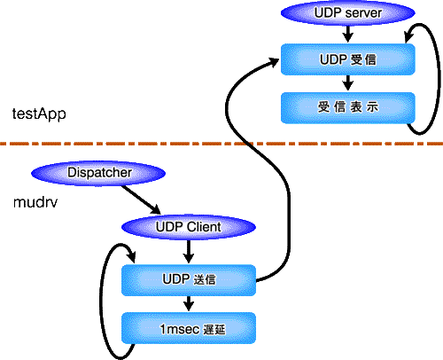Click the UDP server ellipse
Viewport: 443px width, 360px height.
coord(348,12)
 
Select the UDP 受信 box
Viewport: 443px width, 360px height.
coord(348,59)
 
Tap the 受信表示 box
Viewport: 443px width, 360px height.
coord(348,107)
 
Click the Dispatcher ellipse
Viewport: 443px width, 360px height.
coord(98,173)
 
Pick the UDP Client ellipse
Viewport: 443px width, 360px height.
coord(189,227)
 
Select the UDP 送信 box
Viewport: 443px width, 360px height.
coord(189,280)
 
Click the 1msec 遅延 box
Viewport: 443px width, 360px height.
coord(189,328)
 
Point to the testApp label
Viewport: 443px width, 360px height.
coord(39,114)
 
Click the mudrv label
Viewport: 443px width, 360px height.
coord(35,202)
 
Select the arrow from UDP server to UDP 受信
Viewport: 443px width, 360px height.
coord(348,35)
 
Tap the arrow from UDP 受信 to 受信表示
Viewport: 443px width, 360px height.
coord(348,82)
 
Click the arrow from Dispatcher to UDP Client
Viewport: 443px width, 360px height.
coord(141,200)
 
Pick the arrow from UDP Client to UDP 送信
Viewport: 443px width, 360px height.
coord(189,252)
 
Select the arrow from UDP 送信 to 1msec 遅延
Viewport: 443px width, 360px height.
coord(189,303)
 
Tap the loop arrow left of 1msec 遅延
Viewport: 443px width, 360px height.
coord(101,301)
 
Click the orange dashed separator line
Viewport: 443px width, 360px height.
coord(221,144)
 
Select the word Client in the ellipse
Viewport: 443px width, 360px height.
coord(204,227)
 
